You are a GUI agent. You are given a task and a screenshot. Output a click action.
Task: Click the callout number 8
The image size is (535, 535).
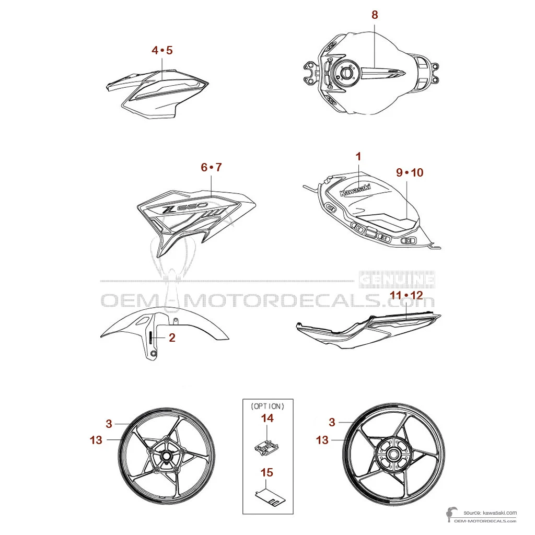click(x=375, y=15)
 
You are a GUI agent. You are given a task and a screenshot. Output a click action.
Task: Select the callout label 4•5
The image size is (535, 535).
click(x=162, y=50)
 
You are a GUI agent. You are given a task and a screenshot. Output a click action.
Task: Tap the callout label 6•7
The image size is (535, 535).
click(x=211, y=167)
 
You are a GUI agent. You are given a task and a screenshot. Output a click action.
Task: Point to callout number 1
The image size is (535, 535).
click(x=358, y=156)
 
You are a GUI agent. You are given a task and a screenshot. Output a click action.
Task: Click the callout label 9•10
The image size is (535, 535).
click(x=410, y=172)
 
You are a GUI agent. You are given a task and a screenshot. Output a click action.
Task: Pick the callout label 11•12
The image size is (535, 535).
click(x=406, y=295)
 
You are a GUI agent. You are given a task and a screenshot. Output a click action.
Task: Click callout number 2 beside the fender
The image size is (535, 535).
click(x=172, y=338)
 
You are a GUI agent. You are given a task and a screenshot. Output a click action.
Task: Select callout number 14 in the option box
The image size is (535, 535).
click(x=267, y=418)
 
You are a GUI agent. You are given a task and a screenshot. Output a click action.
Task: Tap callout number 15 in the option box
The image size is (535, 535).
click(x=267, y=473)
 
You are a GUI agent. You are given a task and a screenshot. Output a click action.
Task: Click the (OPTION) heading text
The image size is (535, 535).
click(x=267, y=406)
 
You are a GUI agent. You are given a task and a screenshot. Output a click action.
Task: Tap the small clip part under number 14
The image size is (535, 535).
click(x=267, y=446)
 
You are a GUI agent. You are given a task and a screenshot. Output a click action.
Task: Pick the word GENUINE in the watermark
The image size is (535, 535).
click(x=398, y=280)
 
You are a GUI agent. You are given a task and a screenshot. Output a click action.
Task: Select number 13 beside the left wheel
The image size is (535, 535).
click(x=96, y=440)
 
